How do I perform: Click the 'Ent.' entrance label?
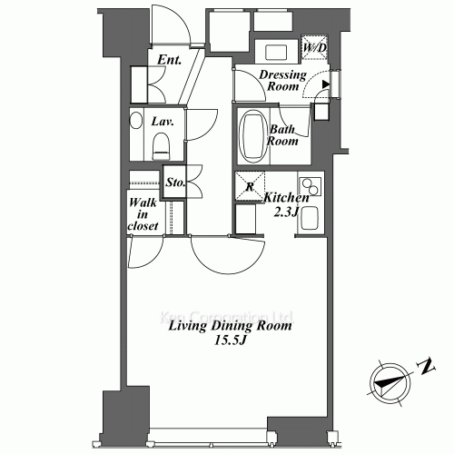(x=169, y=61)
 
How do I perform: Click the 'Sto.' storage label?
(x=175, y=183)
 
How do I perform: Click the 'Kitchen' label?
(x=286, y=197)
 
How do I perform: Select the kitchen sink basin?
(x=310, y=220)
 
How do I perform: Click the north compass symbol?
(x=388, y=381)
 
